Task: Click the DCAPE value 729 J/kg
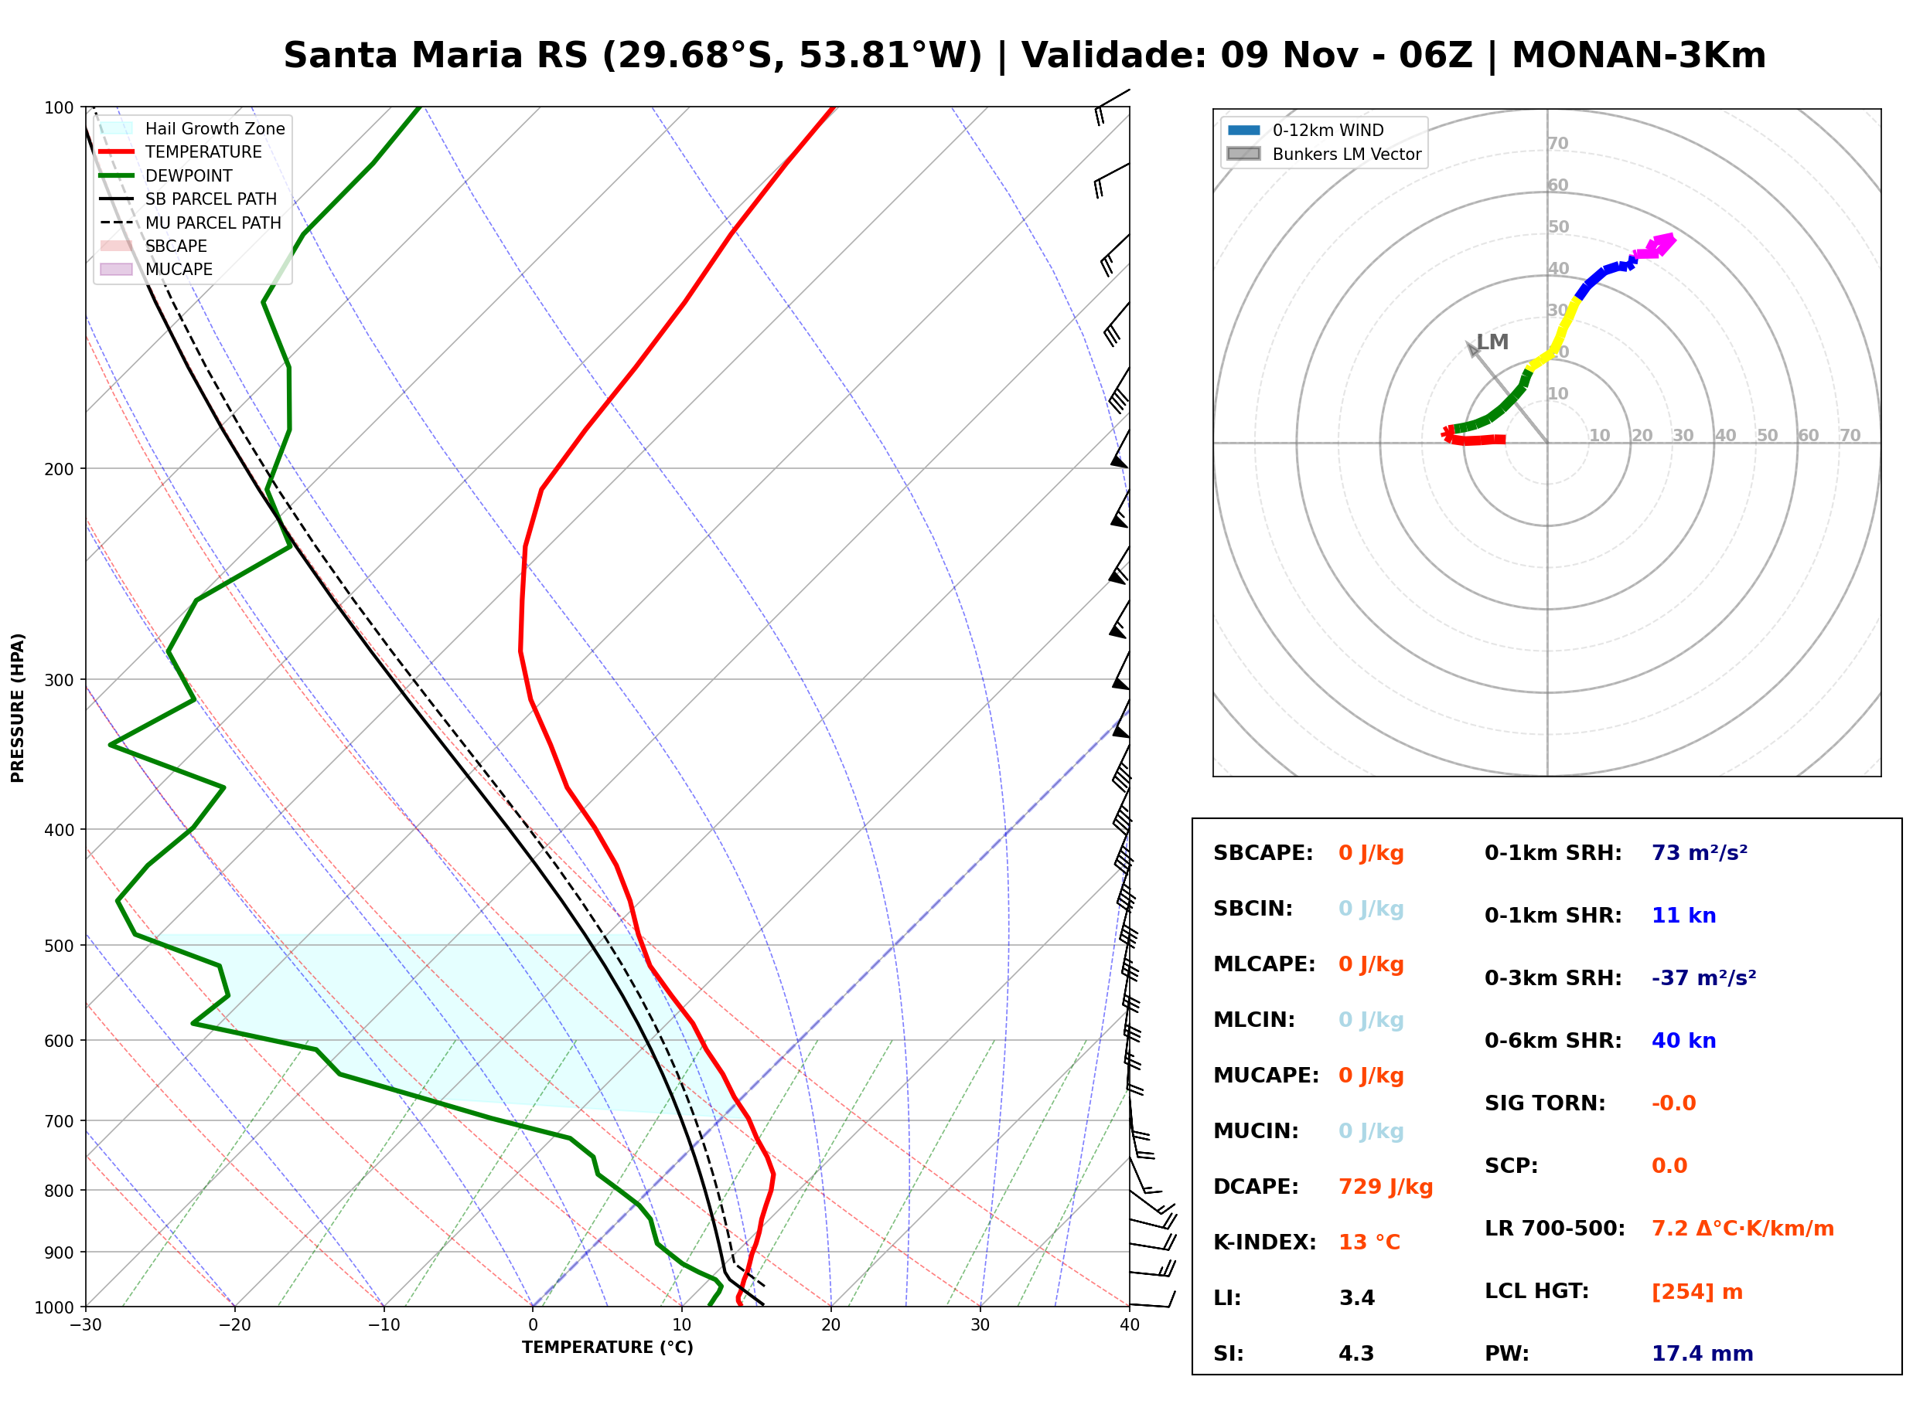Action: click(x=1385, y=1186)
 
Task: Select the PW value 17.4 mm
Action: click(x=1701, y=1353)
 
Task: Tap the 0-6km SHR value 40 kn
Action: click(x=1683, y=1040)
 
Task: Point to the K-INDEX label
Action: click(x=1264, y=1242)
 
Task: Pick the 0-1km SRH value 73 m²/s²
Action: click(x=1699, y=852)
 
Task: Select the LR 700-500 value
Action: click(x=1743, y=1229)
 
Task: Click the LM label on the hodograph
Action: click(x=1492, y=342)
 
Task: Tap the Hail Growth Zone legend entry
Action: click(x=192, y=128)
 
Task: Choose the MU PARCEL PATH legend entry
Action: click(x=190, y=223)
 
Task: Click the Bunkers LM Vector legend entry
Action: click(x=1324, y=154)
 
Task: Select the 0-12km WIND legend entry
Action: click(x=1305, y=130)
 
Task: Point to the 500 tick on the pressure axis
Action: click(x=60, y=946)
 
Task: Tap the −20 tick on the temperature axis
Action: click(x=234, y=1325)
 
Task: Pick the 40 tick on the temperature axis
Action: click(x=1130, y=1325)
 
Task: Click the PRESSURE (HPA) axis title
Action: click(x=18, y=708)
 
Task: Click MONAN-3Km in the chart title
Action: click(x=1639, y=56)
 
